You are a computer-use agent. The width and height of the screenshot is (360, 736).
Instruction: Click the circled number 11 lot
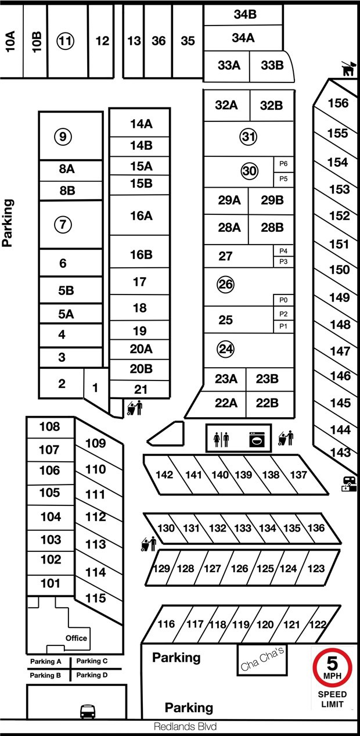click(66, 41)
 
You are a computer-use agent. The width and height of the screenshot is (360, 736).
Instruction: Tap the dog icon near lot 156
click(348, 69)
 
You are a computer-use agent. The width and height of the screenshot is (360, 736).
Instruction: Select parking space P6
click(283, 164)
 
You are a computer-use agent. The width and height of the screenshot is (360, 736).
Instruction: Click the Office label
click(76, 638)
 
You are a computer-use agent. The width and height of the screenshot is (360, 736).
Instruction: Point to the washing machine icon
click(257, 439)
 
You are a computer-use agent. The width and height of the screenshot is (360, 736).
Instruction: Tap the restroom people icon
click(221, 439)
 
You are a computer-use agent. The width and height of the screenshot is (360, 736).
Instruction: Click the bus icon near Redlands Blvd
click(88, 712)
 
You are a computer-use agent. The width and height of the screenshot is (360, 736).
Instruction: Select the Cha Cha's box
click(262, 660)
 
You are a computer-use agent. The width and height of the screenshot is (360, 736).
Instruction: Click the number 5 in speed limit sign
click(332, 663)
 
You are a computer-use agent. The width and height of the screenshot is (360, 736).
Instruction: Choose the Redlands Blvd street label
click(185, 726)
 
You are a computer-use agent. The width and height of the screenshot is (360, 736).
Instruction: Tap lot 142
click(164, 475)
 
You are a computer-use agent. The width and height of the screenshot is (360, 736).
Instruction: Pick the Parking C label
click(92, 660)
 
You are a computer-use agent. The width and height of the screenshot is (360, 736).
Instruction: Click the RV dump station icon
click(349, 484)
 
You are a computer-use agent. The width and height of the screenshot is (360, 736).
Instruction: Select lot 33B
click(272, 65)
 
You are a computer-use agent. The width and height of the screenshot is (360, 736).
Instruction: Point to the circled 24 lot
click(226, 349)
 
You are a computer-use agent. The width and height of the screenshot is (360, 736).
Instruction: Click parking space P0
click(283, 300)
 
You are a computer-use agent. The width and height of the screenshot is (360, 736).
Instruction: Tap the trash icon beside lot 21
click(135, 408)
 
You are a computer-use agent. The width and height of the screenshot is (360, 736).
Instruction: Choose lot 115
click(96, 598)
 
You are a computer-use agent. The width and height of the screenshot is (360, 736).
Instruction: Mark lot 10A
click(10, 41)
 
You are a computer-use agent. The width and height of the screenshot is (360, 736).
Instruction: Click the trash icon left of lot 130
click(149, 544)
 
